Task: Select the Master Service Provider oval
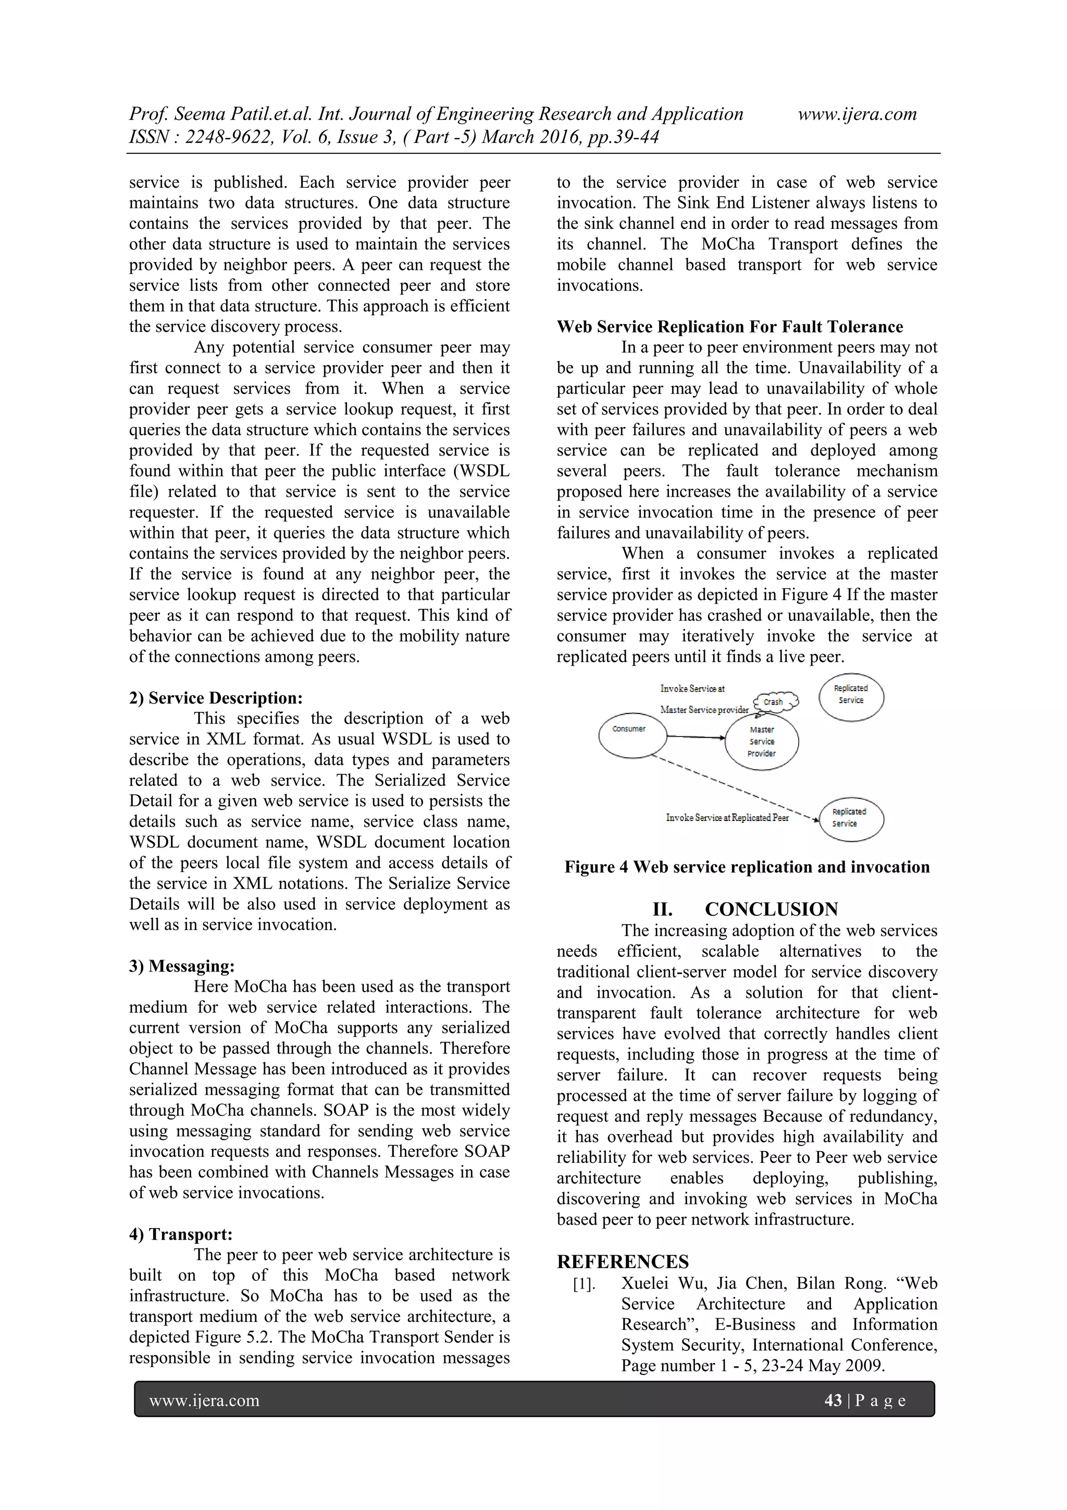click(761, 742)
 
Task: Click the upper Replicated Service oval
click(851, 696)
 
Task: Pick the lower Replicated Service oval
click(851, 818)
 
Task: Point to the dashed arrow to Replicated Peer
click(736, 789)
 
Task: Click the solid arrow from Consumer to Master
click(696, 736)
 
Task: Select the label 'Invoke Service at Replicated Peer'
click(727, 817)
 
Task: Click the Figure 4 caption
click(747, 867)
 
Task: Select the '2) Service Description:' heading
click(216, 698)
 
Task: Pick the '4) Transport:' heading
click(181, 1234)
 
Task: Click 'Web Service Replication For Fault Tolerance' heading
click(730, 327)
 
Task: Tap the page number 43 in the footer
click(833, 1401)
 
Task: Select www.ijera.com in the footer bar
click(204, 1401)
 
